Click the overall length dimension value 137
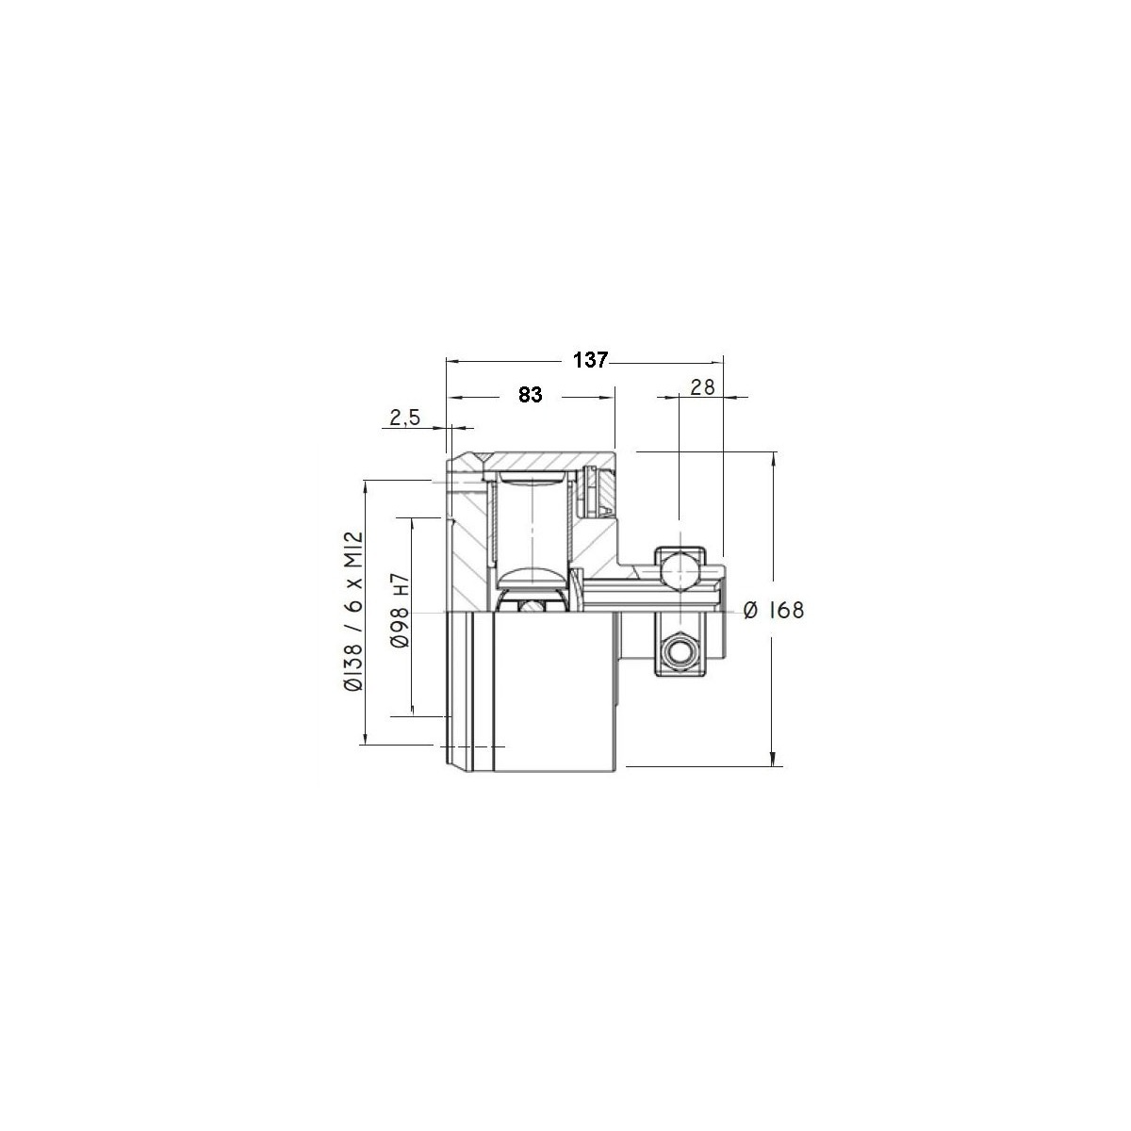pyautogui.click(x=590, y=360)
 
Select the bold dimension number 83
pyautogui.click(x=530, y=396)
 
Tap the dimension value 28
pyautogui.click(x=702, y=387)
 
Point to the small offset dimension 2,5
pyautogui.click(x=405, y=418)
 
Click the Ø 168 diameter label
pyautogui.click(x=774, y=611)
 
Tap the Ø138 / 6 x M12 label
pyautogui.click(x=355, y=613)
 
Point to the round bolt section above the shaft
pyautogui.click(x=679, y=569)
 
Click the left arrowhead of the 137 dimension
pyautogui.click(x=452, y=363)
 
